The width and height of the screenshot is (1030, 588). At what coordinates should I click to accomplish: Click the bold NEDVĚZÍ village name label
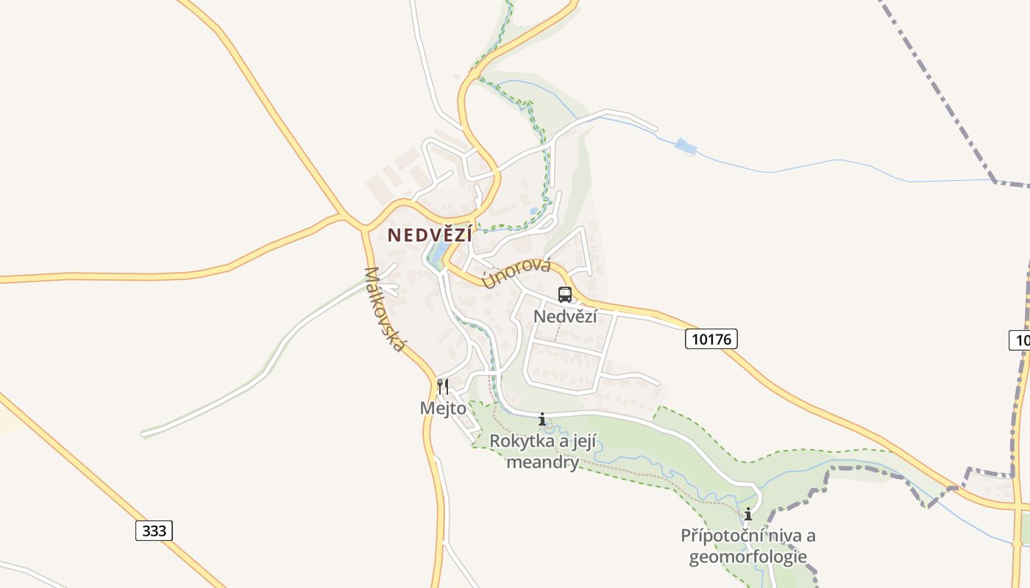[x=430, y=234]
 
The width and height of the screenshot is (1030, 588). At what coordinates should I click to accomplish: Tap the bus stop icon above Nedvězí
[x=565, y=295]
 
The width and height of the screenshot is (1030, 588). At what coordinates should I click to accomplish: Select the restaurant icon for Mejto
[x=443, y=386]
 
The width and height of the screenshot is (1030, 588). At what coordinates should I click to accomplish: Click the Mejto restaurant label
[x=443, y=407]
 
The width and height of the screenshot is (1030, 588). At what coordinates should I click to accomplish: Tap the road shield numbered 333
[x=154, y=531]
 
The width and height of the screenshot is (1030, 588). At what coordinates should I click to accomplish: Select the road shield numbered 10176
[x=711, y=339]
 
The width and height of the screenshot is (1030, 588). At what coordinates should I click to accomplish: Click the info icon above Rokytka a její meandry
[x=542, y=420]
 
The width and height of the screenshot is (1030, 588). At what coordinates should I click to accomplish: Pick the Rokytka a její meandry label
[x=543, y=451]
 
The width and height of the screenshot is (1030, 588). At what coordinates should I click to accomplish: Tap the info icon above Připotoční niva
[x=748, y=514]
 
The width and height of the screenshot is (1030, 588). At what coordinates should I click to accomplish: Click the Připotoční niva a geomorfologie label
[x=747, y=546]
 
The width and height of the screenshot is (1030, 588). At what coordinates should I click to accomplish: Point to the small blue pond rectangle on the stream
[x=685, y=146]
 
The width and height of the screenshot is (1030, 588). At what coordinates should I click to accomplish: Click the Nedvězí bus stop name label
[x=565, y=316]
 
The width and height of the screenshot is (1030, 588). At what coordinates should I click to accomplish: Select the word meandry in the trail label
[x=543, y=462]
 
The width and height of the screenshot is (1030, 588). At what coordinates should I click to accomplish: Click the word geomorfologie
[x=747, y=557]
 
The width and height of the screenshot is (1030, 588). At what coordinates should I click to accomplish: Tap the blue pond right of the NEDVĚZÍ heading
[x=436, y=254]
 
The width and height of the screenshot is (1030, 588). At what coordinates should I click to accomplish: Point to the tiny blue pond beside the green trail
[x=533, y=211]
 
